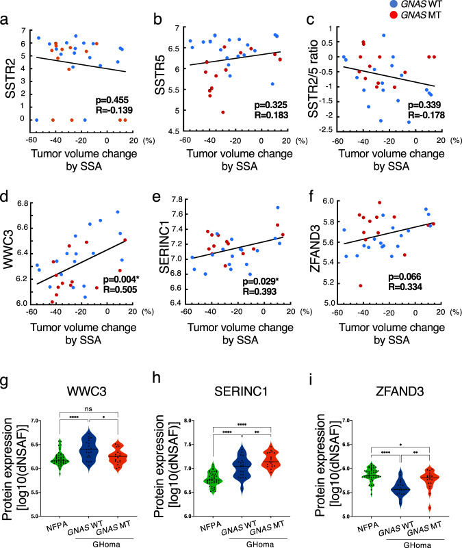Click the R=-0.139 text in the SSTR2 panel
tap(113, 109)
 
